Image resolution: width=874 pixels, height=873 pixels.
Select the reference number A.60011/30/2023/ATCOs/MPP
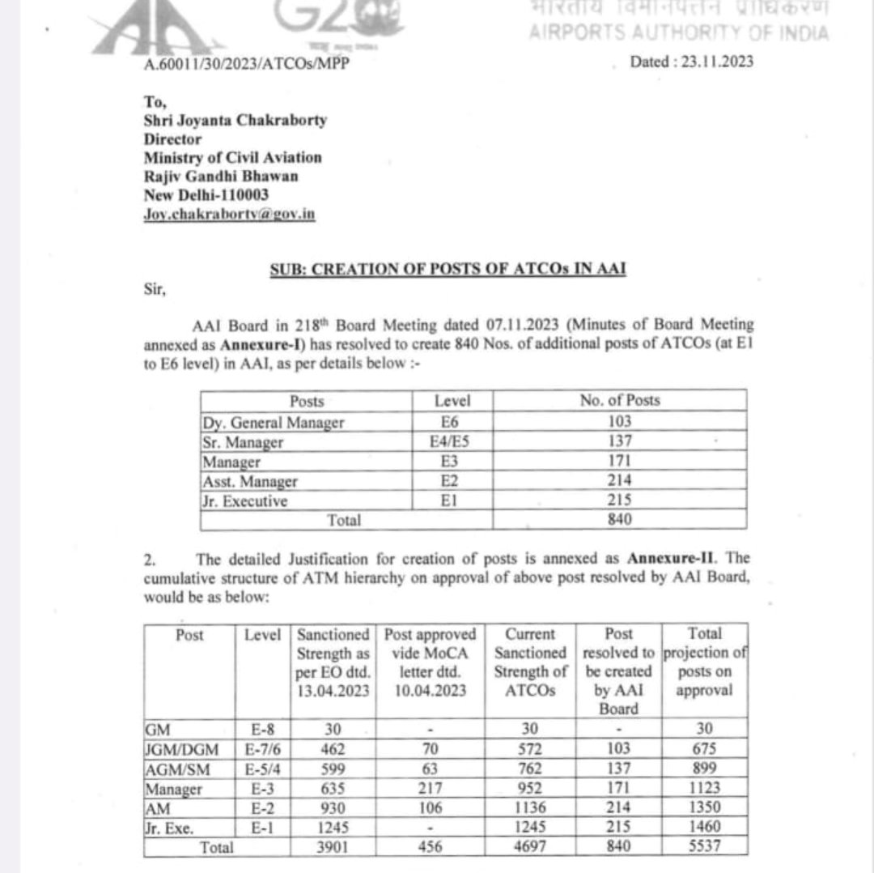pyautogui.click(x=247, y=63)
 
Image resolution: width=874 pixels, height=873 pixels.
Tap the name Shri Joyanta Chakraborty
pyautogui.click(x=235, y=120)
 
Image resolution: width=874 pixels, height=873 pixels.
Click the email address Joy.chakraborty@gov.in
pyautogui.click(x=229, y=214)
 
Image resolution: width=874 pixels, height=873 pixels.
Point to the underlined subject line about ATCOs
pyautogui.click(x=448, y=269)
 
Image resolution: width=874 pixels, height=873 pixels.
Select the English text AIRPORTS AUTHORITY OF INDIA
pyautogui.click(x=678, y=33)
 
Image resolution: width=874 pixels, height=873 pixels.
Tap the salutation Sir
pyautogui.click(x=155, y=291)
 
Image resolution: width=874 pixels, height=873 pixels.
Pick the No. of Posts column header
pyautogui.click(x=619, y=401)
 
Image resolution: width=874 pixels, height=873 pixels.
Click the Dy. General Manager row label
pyautogui.click(x=274, y=422)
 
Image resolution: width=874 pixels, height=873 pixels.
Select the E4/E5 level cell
pyautogui.click(x=452, y=442)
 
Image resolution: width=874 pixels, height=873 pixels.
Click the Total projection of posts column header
pyautogui.click(x=703, y=662)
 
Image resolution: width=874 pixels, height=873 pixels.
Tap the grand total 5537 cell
pyautogui.click(x=703, y=846)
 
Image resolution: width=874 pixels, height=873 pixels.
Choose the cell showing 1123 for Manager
pyautogui.click(x=703, y=787)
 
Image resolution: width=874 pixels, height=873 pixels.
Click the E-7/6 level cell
pyautogui.click(x=264, y=748)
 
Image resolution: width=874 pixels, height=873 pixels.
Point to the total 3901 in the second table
pyautogui.click(x=333, y=846)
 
